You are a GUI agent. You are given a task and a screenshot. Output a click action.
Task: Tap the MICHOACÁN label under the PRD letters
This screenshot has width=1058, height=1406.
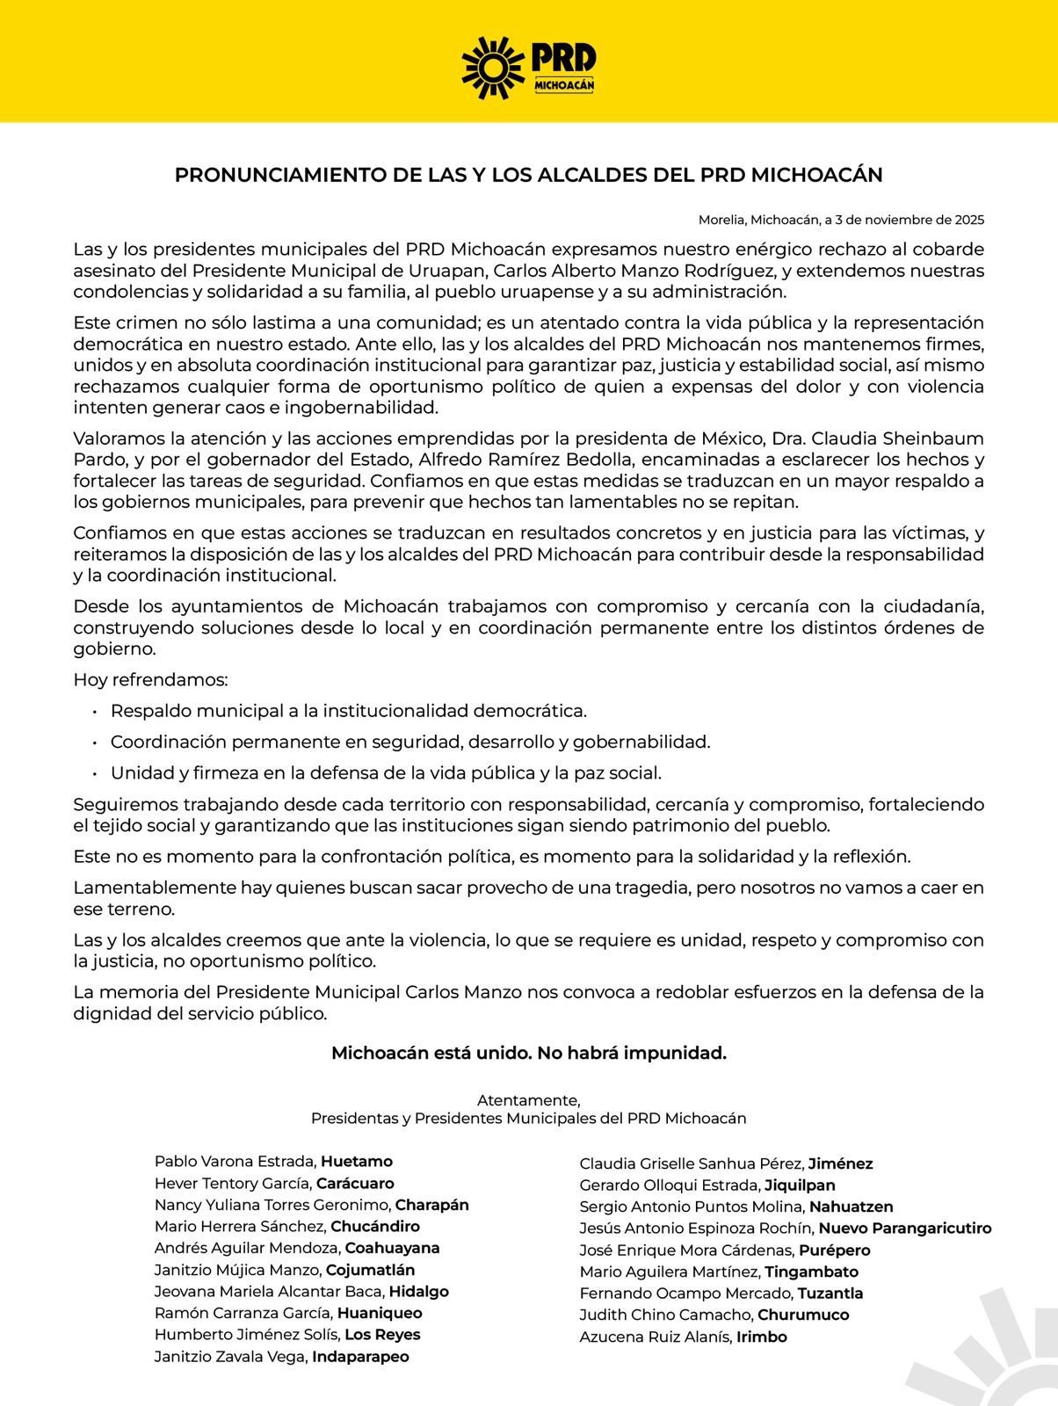point(564,83)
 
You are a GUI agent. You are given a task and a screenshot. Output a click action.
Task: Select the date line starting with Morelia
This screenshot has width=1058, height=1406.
point(841,219)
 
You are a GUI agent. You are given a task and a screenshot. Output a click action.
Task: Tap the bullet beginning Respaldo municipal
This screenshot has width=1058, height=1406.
point(348,710)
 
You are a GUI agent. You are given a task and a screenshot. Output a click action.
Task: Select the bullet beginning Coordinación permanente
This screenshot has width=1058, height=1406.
point(409,742)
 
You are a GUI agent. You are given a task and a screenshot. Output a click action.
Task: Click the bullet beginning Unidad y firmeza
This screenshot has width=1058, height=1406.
point(385,773)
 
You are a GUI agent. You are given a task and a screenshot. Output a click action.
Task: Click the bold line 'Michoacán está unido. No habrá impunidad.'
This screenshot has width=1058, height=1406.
point(528,1053)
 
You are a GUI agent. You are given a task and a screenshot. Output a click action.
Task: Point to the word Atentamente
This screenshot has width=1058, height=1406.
point(528,1100)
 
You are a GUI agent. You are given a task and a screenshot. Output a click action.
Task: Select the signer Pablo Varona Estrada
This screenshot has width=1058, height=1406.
point(236,1162)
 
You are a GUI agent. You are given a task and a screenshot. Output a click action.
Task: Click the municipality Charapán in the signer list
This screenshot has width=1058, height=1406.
point(431,1205)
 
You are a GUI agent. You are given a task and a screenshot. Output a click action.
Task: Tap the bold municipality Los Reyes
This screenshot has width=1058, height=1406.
point(382,1335)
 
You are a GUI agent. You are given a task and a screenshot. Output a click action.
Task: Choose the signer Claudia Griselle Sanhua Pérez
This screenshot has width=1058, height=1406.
point(692,1164)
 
